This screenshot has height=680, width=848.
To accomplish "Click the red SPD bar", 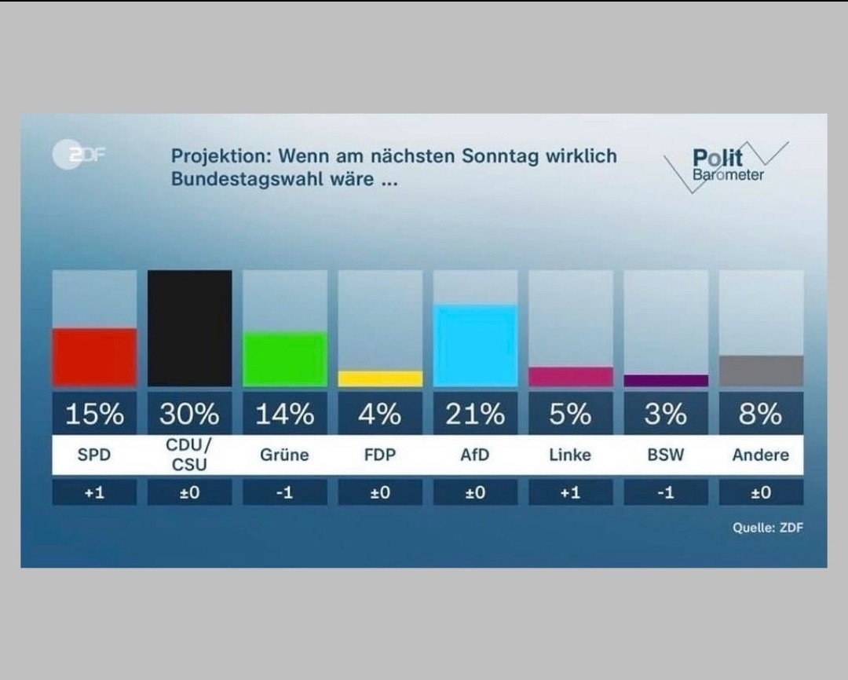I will coord(94,357).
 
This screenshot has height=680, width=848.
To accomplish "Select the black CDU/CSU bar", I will coord(189,328).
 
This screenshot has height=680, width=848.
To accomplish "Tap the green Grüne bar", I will coord(284,359).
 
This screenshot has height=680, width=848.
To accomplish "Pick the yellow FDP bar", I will coord(380,378).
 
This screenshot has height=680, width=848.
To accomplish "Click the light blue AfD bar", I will coord(475,345).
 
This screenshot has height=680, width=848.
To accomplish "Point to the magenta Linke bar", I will coord(571,376).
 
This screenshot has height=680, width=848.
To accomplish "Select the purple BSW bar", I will coord(666,381).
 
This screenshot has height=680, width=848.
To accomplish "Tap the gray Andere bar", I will coord(761,371).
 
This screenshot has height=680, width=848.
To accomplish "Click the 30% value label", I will coord(189,413).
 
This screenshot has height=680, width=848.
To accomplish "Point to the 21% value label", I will coord(475,413).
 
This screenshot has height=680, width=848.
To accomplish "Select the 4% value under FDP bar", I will coord(380,413).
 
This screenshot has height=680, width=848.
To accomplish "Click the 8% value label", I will coord(761,413).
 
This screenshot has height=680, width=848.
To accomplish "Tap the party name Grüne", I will coord(284,455).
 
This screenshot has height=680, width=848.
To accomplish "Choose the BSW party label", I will coord(666,455).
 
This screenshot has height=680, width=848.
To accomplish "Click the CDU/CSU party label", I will coord(189,455).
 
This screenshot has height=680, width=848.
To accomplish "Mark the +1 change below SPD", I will coord(94,493).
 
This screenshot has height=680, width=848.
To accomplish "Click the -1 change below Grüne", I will coord(284,493).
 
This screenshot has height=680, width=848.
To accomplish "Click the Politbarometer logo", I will coord(726,166).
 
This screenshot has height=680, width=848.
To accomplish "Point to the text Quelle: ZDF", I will coord(768,528).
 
